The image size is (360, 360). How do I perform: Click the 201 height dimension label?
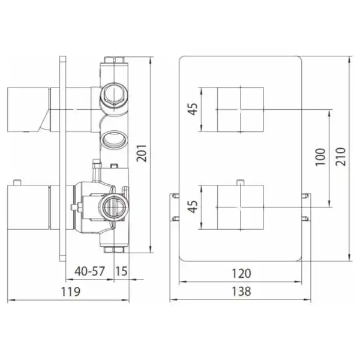[x=142, y=153]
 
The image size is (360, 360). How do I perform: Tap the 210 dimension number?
[x=341, y=157]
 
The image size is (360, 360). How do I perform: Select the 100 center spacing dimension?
[x=320, y=157]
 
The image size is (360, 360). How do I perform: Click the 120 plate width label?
[x=241, y=274]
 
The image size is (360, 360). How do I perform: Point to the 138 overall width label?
[x=241, y=292]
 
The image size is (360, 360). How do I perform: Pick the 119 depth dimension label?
[x=70, y=292]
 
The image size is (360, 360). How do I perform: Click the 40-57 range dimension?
[x=89, y=271]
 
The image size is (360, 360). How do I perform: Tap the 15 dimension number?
[x=121, y=271]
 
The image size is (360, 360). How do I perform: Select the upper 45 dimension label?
[x=193, y=109]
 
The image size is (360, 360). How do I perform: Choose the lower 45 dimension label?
[x=193, y=206]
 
